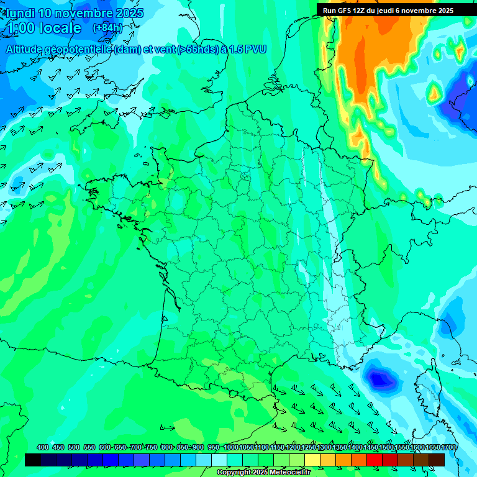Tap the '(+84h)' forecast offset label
(x=107, y=28)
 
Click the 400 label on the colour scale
(x=43, y=448)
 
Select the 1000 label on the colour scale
(x=230, y=448)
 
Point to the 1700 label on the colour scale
(x=448, y=448)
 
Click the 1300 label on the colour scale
(x=324, y=448)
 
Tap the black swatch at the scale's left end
(x=33, y=460)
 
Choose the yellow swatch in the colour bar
(x=312, y=460)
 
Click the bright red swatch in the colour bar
(x=375, y=460)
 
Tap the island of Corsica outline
(x=429, y=385)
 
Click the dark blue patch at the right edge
(x=463, y=96)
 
